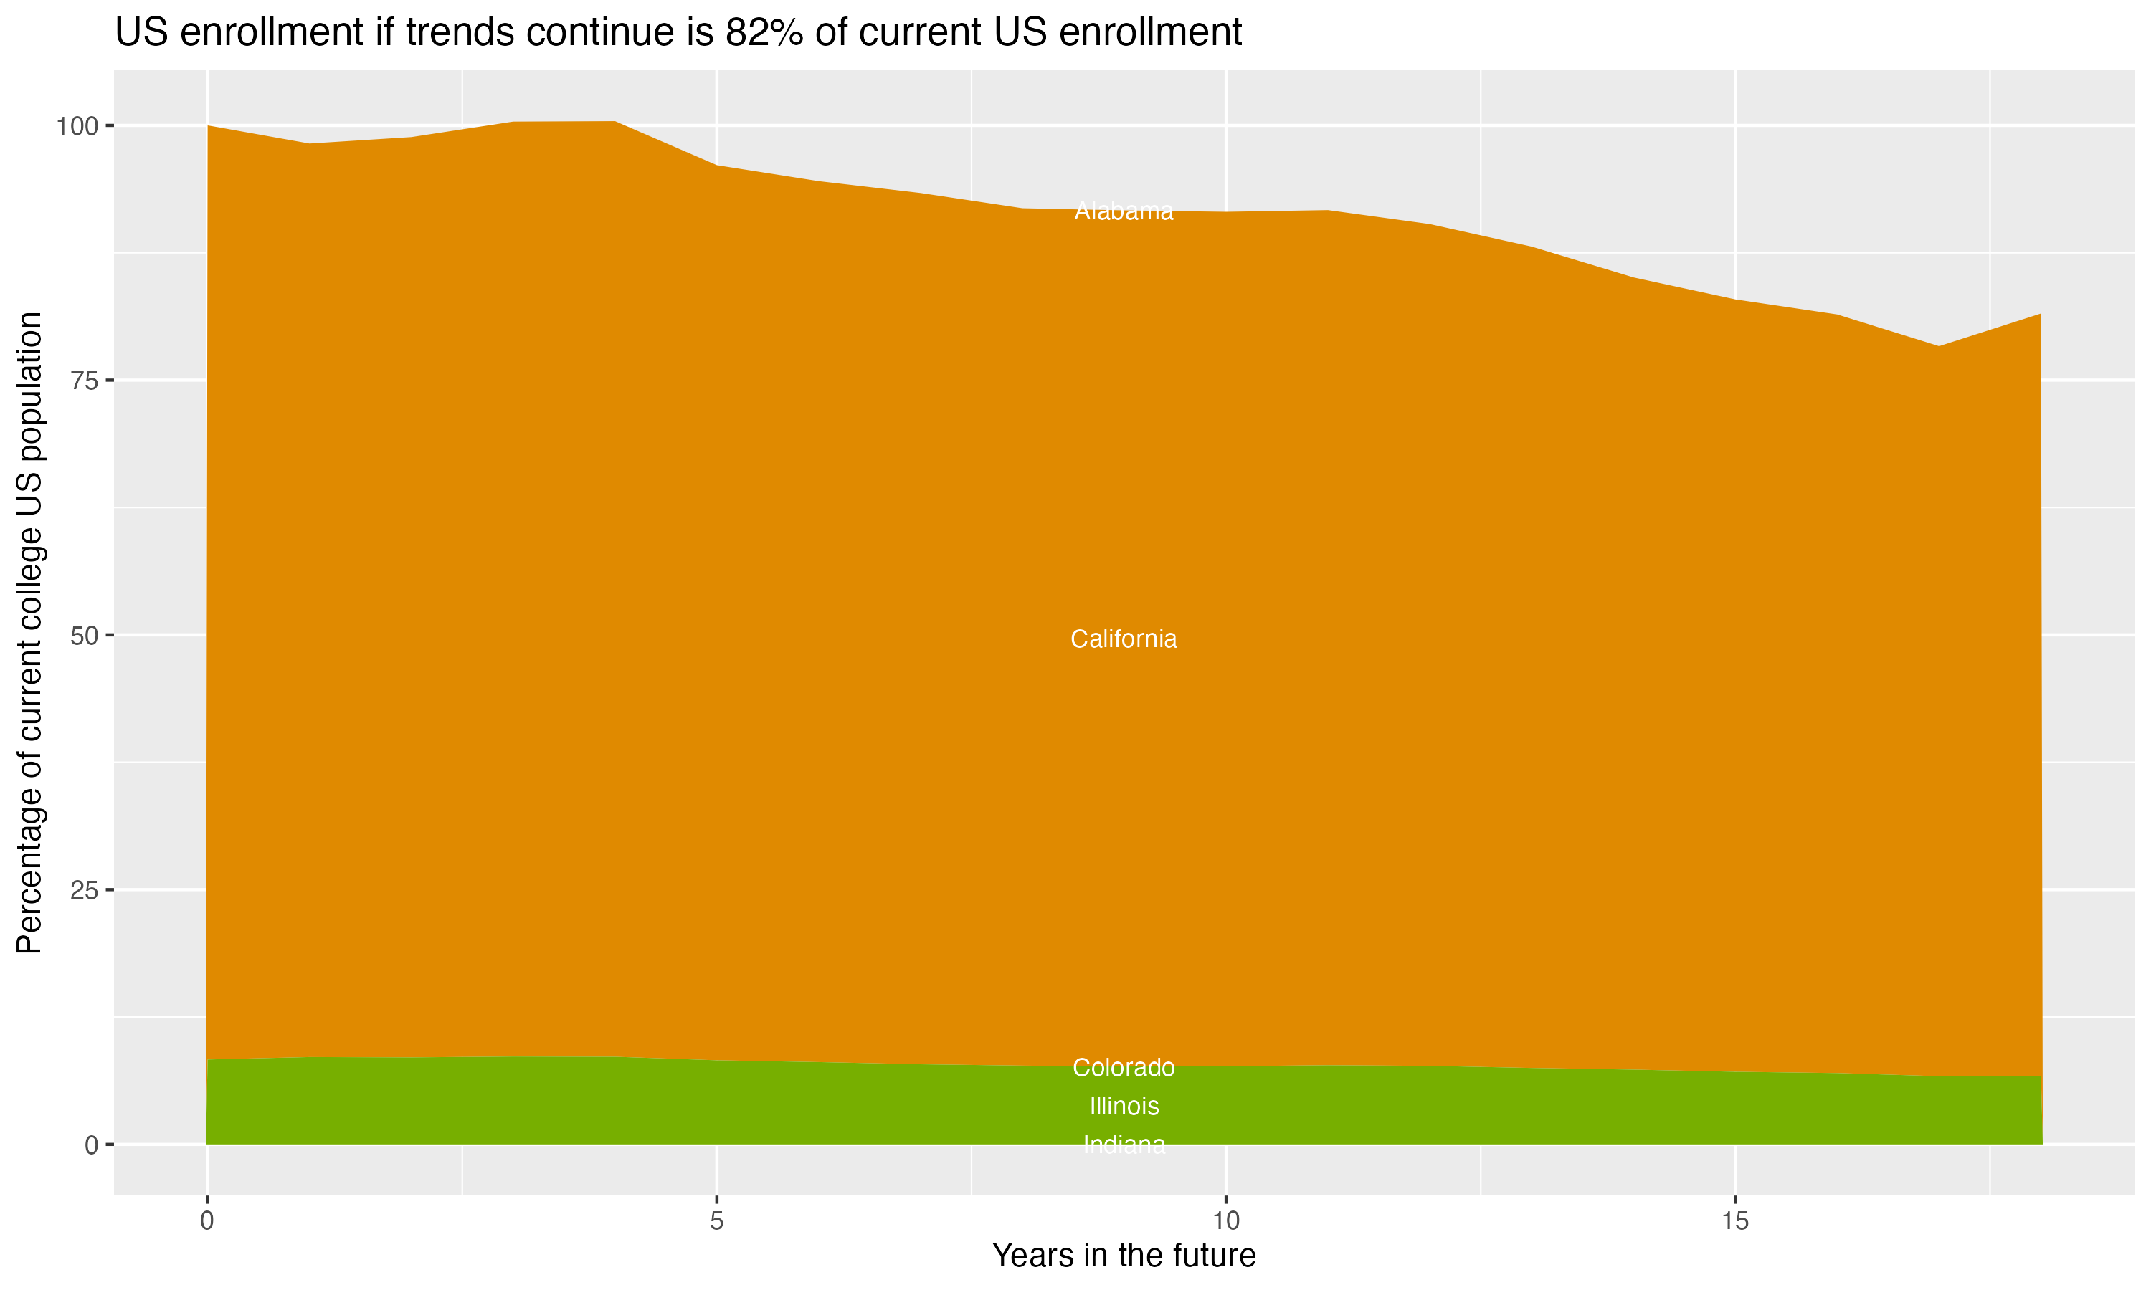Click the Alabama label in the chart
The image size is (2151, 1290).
1124,211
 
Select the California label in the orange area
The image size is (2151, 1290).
1124,639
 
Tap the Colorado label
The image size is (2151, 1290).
1124,1067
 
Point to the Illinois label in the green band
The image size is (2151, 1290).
1124,1106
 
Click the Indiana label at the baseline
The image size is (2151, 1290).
1124,1145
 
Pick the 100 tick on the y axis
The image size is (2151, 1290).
77,127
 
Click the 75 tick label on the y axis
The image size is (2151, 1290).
85,381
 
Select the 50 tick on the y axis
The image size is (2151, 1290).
85,636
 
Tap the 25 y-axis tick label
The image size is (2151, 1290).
85,890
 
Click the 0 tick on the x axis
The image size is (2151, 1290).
207,1221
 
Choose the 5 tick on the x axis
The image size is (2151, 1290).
716,1221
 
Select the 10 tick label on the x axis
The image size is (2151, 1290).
1225,1221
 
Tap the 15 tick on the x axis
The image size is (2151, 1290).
1734,1221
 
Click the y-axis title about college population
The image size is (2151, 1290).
29,632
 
